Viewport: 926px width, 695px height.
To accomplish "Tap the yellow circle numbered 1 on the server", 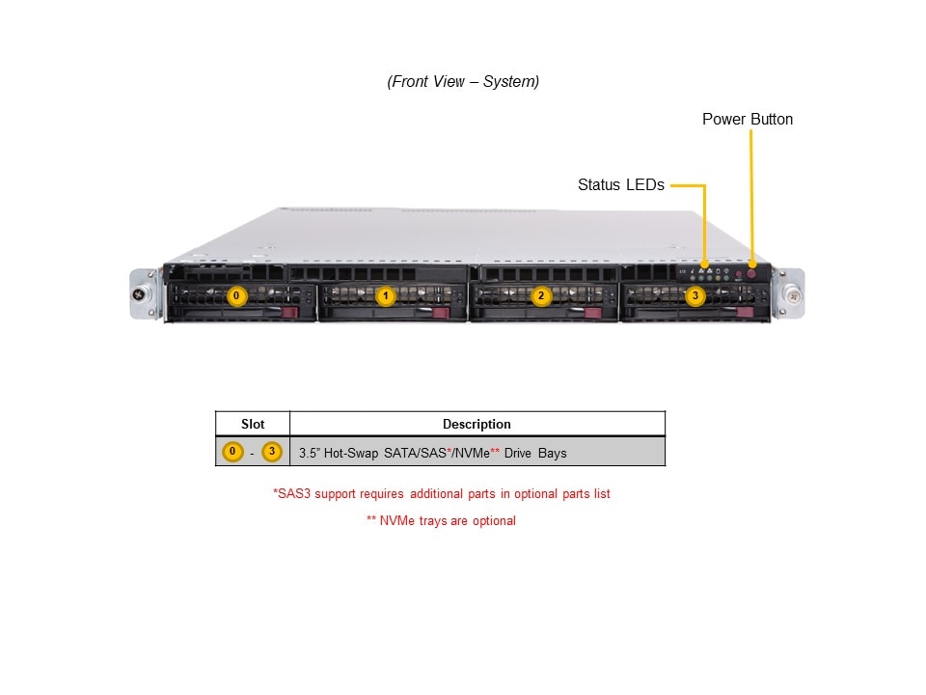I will tap(386, 296).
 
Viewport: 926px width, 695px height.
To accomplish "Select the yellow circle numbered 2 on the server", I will tap(541, 296).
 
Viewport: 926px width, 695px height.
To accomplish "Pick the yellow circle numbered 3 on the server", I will tap(694, 296).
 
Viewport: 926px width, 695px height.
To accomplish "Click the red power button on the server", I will tap(752, 275).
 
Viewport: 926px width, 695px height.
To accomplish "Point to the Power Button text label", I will tap(747, 120).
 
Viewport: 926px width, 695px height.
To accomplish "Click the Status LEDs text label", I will tap(620, 184).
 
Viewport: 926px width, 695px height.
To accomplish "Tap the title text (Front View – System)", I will tap(463, 82).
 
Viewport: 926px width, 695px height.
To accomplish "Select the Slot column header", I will tap(252, 424).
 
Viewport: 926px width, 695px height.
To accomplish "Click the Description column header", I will tap(477, 424).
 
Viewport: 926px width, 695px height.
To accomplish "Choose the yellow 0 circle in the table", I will tap(232, 452).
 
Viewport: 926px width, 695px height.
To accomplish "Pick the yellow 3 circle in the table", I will tap(272, 452).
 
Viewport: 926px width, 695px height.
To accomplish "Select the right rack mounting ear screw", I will tap(790, 293).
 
